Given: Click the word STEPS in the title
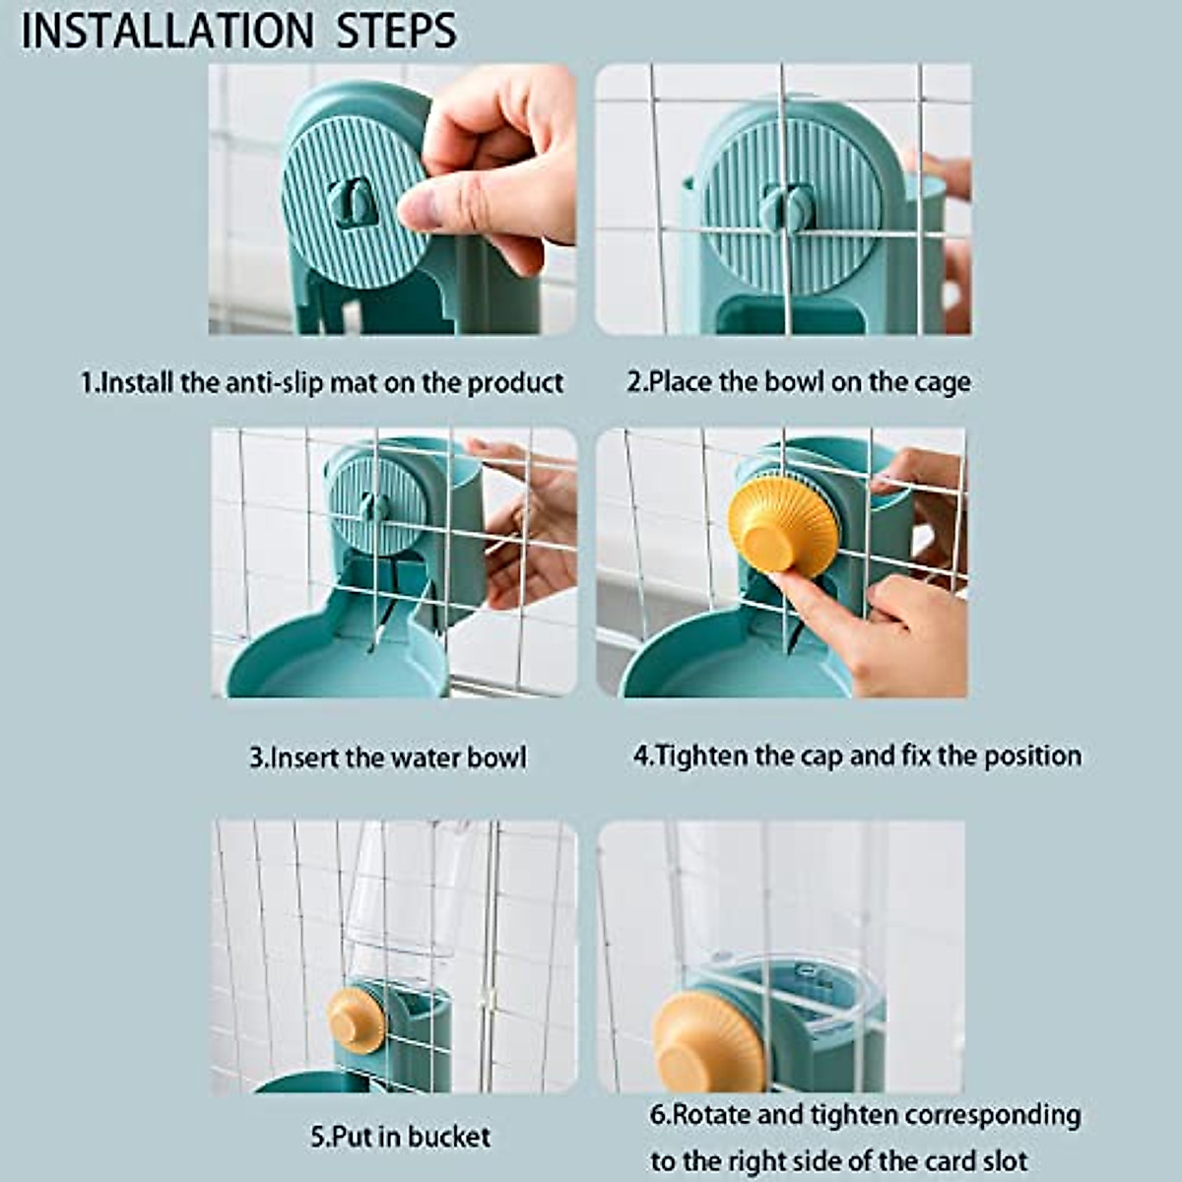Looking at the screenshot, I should pos(397,32).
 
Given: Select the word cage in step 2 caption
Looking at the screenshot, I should pos(942,382).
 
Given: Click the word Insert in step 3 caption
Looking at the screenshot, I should pos(304,757).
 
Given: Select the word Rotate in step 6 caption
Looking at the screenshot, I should pos(712,1115).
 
